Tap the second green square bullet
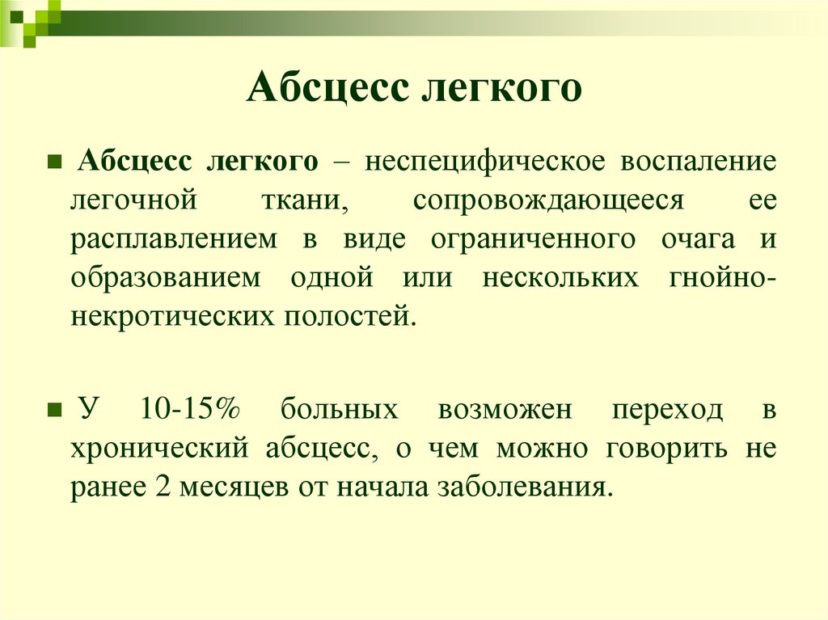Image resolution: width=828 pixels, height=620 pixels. click(x=54, y=410)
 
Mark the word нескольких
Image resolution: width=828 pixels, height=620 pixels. click(x=560, y=277)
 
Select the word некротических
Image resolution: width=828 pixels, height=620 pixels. click(x=160, y=316)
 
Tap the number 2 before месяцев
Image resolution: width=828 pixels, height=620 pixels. click(x=156, y=487)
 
